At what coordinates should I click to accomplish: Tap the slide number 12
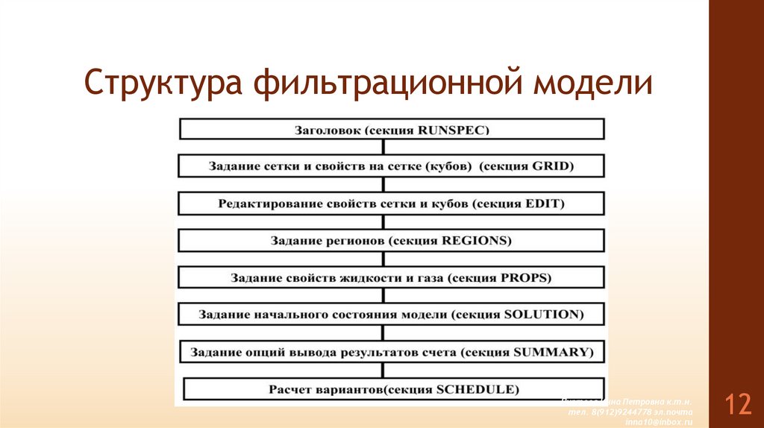[738, 405]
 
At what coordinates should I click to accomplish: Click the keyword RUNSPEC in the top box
[454, 130]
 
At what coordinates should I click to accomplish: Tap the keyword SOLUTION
[543, 315]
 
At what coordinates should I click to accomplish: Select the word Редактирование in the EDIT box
[263, 203]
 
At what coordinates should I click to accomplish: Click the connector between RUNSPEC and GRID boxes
[383, 147]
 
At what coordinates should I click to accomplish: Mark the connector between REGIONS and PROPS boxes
[383, 259]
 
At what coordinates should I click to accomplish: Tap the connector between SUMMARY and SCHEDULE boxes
[383, 371]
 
